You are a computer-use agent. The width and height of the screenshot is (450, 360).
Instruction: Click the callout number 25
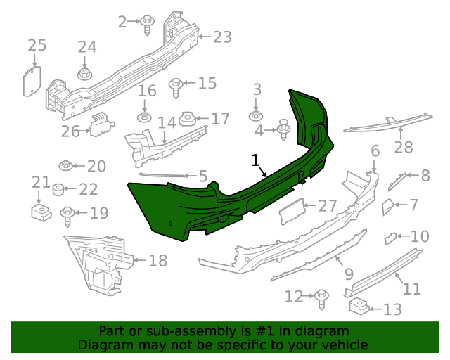tap(37, 46)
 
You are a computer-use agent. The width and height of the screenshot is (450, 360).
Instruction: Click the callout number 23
tap(222, 37)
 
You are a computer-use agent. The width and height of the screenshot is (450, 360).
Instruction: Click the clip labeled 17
tap(188, 119)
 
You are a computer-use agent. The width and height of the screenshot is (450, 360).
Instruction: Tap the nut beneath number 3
tap(256, 114)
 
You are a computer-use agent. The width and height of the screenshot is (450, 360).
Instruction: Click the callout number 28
tap(403, 148)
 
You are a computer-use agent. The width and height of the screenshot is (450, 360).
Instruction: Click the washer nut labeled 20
tap(66, 166)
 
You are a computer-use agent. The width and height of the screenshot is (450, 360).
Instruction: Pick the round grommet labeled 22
tap(60, 189)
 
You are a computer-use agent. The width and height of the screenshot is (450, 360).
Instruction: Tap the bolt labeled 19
tap(68, 214)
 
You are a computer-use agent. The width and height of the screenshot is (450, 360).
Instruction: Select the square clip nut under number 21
tap(39, 212)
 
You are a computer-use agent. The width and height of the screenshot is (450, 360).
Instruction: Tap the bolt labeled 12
tap(322, 297)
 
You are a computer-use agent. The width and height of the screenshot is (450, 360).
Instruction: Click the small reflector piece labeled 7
tap(387, 206)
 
